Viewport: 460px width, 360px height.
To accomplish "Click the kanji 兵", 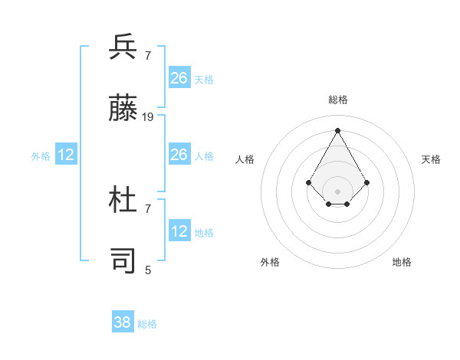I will pos(123,47).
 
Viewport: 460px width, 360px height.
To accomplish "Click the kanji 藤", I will pos(123,109).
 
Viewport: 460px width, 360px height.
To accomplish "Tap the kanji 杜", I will pos(123,200).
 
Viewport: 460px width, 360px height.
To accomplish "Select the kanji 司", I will pos(123,260).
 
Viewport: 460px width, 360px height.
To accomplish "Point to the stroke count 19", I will pos(148,117).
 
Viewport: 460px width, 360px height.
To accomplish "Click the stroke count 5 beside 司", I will pos(148,270).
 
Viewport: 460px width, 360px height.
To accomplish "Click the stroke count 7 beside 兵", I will pos(148,55).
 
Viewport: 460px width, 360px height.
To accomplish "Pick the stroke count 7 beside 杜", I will pos(148,208).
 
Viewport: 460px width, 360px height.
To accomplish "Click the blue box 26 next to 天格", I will pos(179,77).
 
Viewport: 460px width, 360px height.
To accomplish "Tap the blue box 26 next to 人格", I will pos(179,155).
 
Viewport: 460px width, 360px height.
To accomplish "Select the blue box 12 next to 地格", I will pos(179,231).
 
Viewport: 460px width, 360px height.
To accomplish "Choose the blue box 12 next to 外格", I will pos(66,155).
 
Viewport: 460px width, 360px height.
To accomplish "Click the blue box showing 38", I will pos(123,322).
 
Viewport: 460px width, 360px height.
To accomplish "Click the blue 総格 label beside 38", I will pos(147,324).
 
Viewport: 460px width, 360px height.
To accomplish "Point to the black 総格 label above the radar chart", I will pos(338,100).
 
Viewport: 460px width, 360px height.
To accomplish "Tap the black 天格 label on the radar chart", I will pos(432,159).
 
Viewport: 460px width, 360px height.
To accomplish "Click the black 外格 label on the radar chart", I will pos(270,262).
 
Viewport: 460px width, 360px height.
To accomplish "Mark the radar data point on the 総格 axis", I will pos(338,129).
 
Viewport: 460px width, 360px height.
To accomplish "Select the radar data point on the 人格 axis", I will pos(309,182).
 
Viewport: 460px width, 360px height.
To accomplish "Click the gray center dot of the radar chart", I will pos(338,191).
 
